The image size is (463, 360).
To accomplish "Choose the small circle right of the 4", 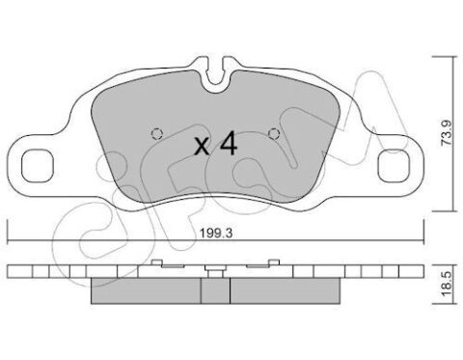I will click(x=273, y=134).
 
